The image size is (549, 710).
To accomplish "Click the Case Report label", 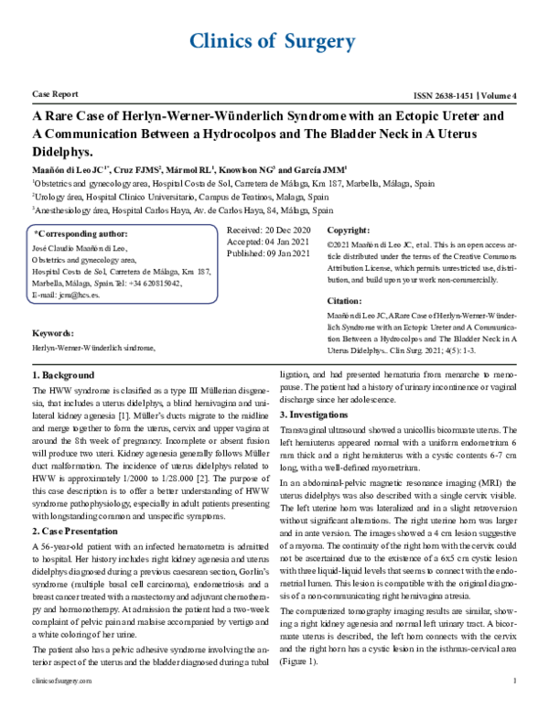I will (54, 95).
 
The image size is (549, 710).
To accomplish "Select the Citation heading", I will (346, 300).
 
